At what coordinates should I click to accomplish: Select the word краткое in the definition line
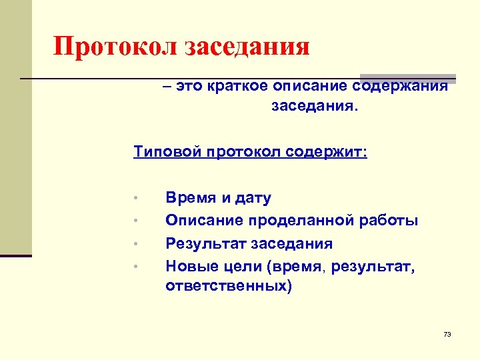(236, 87)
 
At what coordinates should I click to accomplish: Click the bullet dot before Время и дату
(135, 199)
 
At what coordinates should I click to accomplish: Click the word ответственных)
(229, 287)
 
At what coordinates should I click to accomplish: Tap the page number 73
(447, 333)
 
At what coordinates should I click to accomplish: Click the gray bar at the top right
(408, 77)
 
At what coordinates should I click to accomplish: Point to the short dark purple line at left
(16, 255)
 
